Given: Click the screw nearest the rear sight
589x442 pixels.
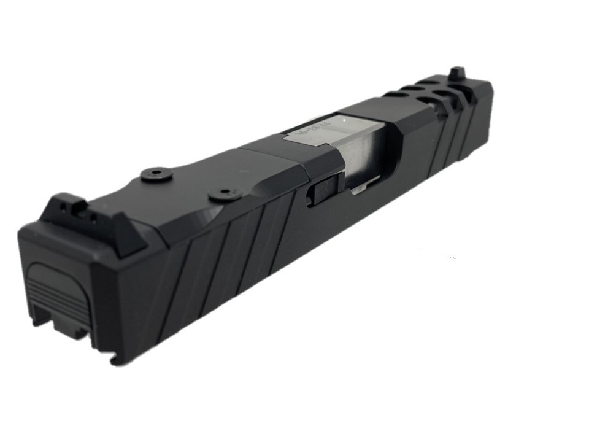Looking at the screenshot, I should pos(154,174).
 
